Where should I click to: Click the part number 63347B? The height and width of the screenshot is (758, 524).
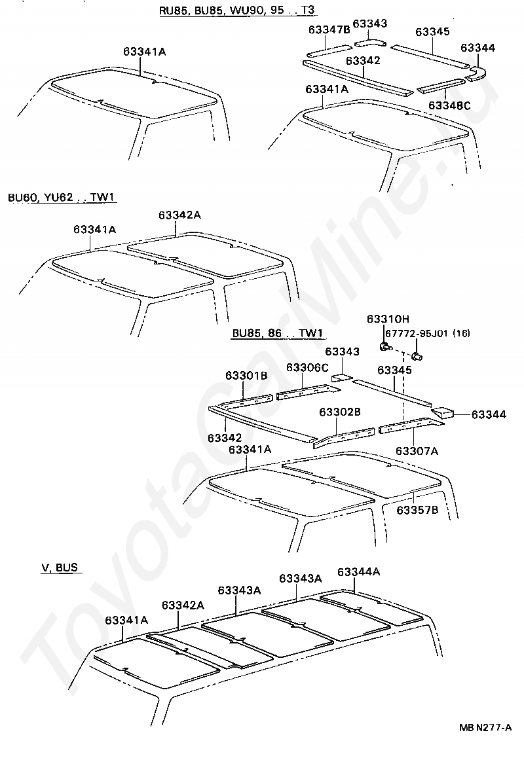click(329, 30)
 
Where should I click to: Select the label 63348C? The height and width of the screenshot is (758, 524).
click(449, 105)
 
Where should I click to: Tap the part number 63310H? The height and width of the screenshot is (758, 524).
click(388, 319)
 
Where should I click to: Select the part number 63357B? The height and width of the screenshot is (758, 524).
click(417, 509)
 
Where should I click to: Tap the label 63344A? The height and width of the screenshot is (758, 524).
click(359, 571)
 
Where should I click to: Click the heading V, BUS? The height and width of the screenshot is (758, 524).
click(60, 568)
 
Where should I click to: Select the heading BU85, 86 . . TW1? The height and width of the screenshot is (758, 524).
click(278, 333)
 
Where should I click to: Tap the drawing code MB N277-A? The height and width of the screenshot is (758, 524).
click(485, 727)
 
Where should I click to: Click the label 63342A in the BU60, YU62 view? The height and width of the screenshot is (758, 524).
click(179, 215)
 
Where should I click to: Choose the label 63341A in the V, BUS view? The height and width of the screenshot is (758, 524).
click(126, 619)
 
